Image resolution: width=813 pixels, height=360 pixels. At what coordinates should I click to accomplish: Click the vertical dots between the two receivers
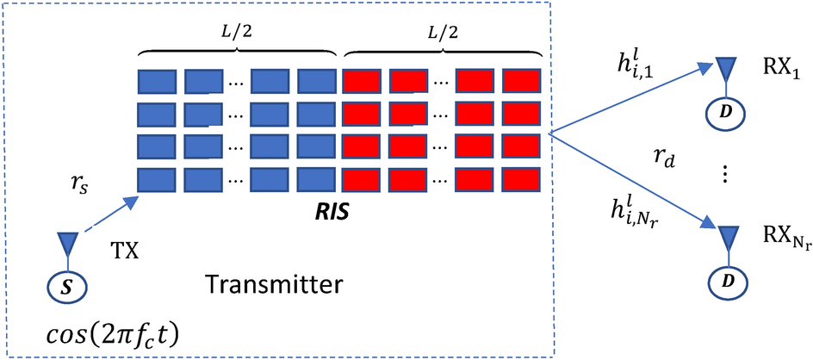pos(725,174)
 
